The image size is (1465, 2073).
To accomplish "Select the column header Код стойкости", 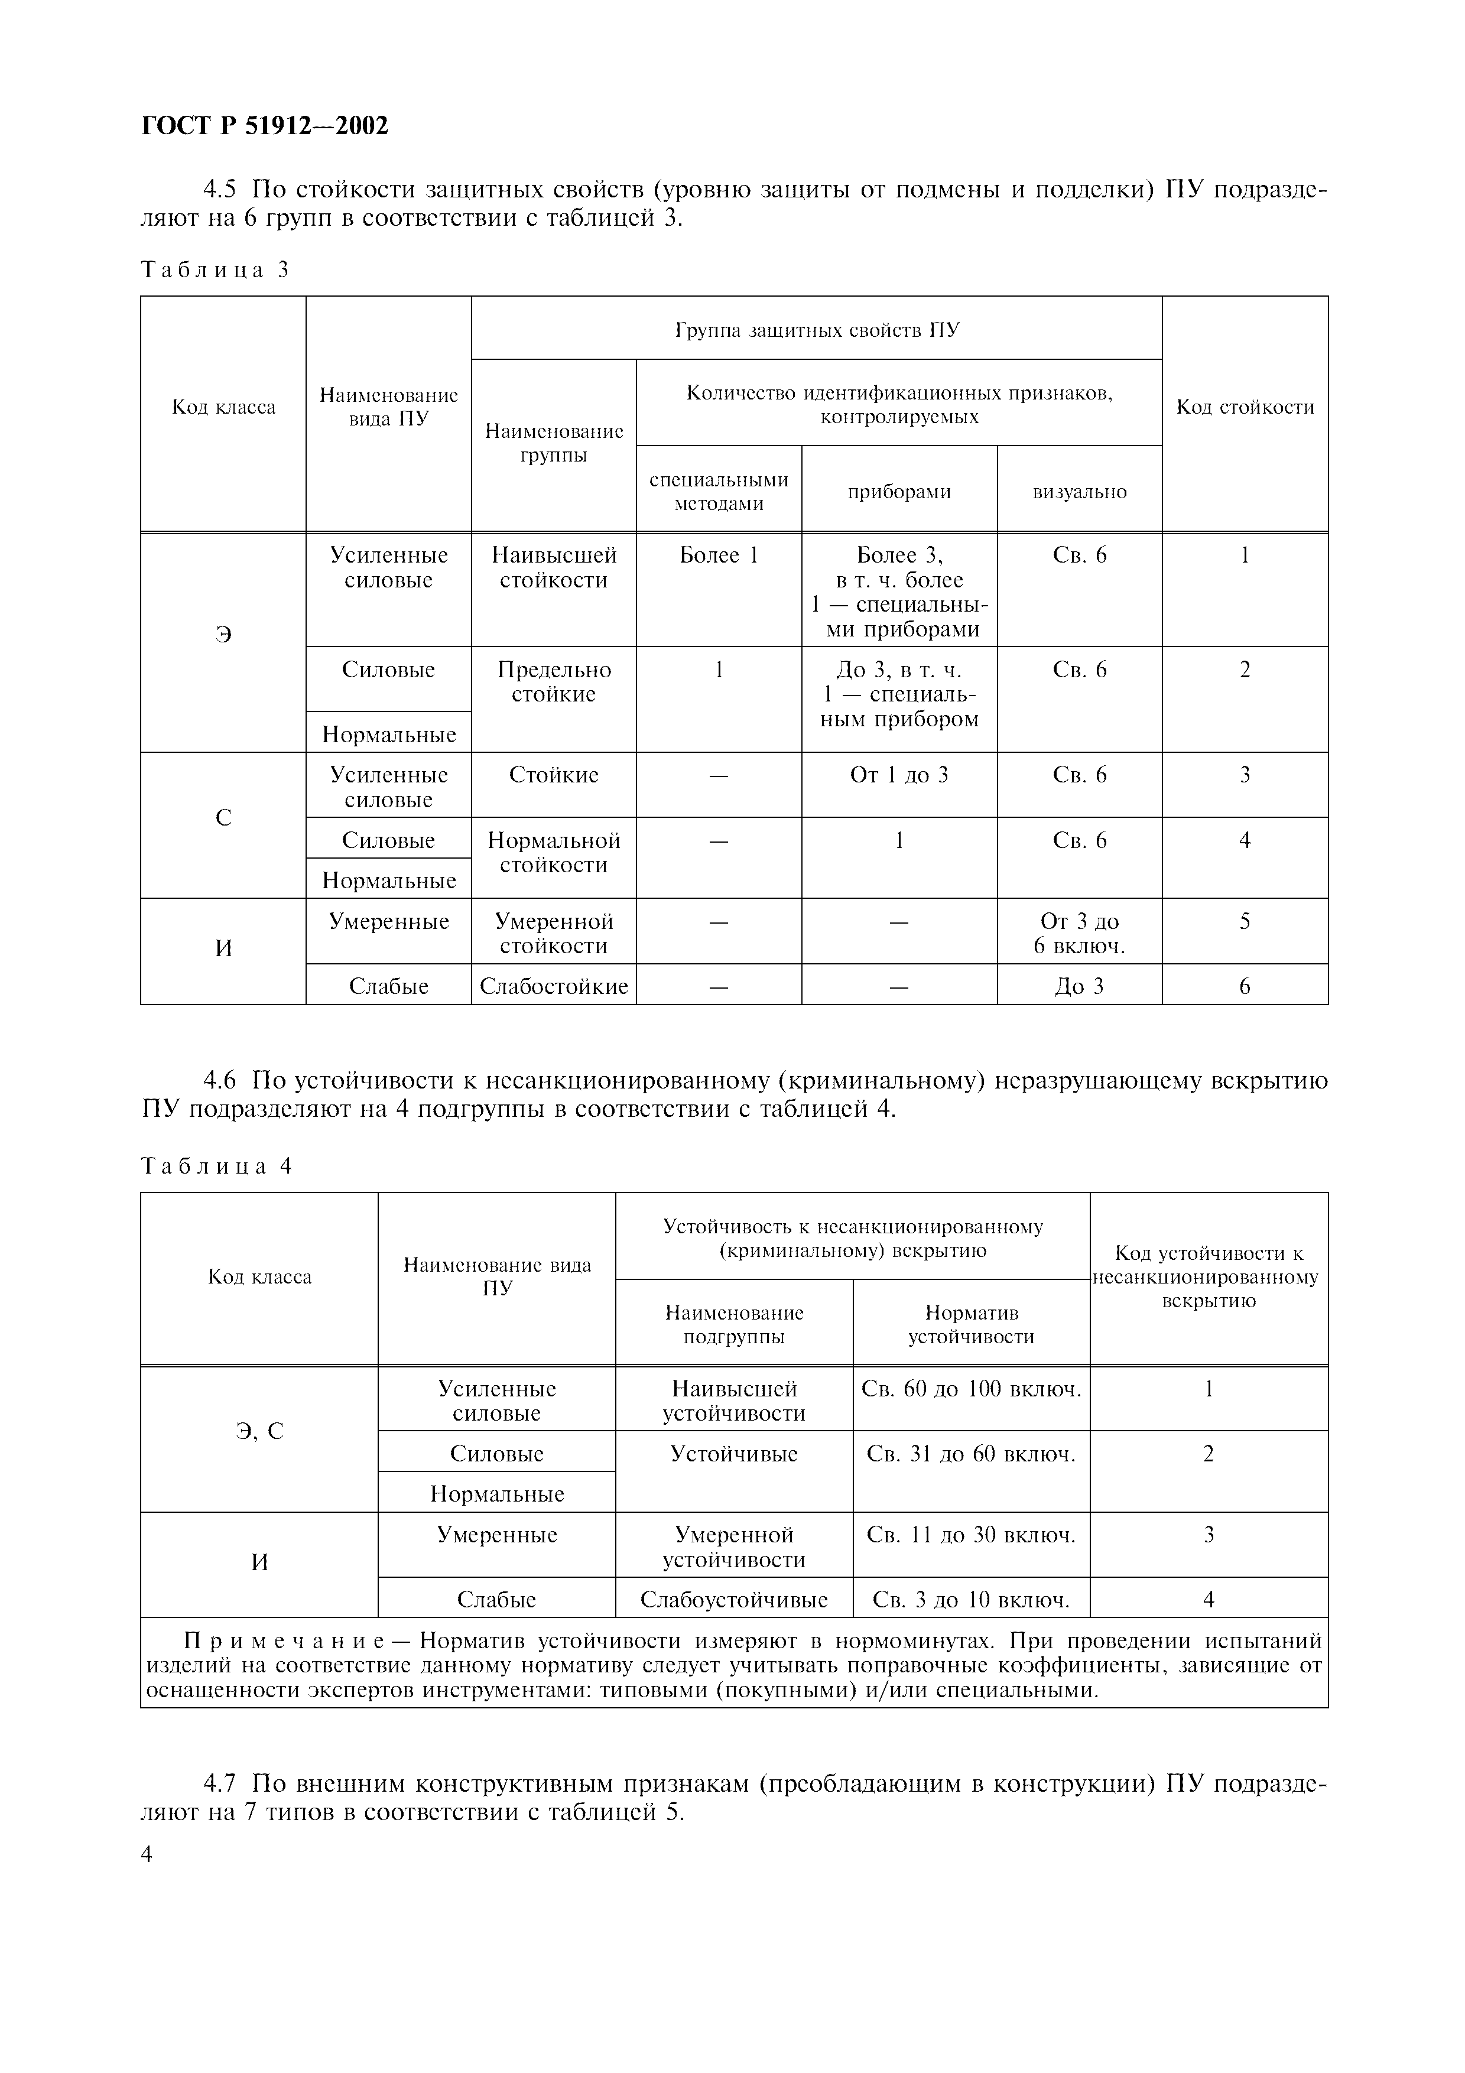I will pos(1245,407).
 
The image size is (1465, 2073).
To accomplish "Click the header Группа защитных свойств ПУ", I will pos(816,330).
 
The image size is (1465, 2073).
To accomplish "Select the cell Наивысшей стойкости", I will pos(553,568).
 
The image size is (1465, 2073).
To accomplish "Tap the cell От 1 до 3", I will pos(899,775).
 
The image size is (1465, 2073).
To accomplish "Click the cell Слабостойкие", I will pos(553,987).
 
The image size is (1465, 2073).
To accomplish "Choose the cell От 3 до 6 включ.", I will pos(1080,934).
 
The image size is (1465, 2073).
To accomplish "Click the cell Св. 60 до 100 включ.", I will pos(972,1389).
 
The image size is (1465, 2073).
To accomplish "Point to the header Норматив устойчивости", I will pos(972,1324).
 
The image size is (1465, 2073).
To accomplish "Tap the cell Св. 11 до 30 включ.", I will pos(972,1535).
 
